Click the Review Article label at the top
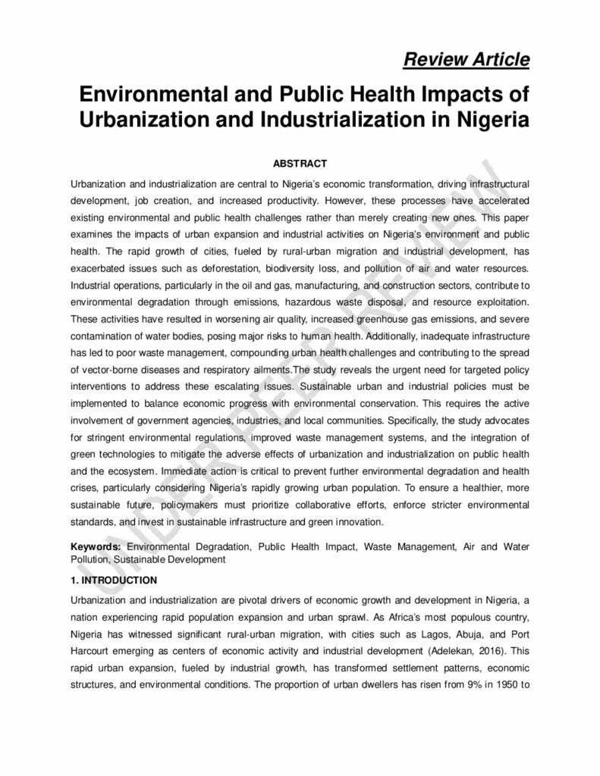(x=466, y=60)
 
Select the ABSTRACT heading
(x=300, y=163)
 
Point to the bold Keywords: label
(x=96, y=546)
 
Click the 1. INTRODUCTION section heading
(x=114, y=580)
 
